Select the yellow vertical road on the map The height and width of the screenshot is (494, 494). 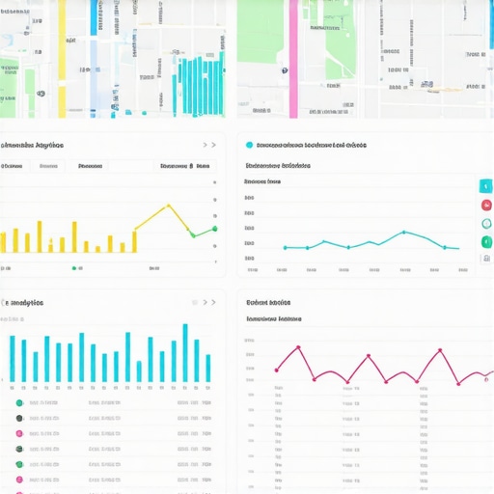tap(63, 58)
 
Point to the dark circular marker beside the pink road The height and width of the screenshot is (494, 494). tap(286, 70)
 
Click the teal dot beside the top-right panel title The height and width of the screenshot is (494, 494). tap(250, 146)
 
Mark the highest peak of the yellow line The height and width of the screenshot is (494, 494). tap(169, 205)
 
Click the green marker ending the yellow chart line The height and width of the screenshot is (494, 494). tap(214, 229)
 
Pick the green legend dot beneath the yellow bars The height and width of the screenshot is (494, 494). tap(74, 268)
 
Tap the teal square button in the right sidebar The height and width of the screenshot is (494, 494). tap(485, 186)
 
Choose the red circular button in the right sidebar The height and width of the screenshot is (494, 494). tap(485, 205)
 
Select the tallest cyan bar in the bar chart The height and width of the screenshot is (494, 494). tap(185, 352)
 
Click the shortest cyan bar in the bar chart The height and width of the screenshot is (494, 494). tap(139, 370)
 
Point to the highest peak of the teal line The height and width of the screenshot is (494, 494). tap(403, 232)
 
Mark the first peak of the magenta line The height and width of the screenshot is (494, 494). tap(298, 346)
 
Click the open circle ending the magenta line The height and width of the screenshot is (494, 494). tap(459, 382)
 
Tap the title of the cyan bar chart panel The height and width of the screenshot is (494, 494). tap(25, 302)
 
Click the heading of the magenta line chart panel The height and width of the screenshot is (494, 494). tap(268, 302)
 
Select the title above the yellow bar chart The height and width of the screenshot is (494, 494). tap(32, 146)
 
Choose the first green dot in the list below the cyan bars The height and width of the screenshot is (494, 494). tap(19, 402)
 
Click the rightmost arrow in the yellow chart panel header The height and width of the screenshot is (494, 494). tap(214, 146)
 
